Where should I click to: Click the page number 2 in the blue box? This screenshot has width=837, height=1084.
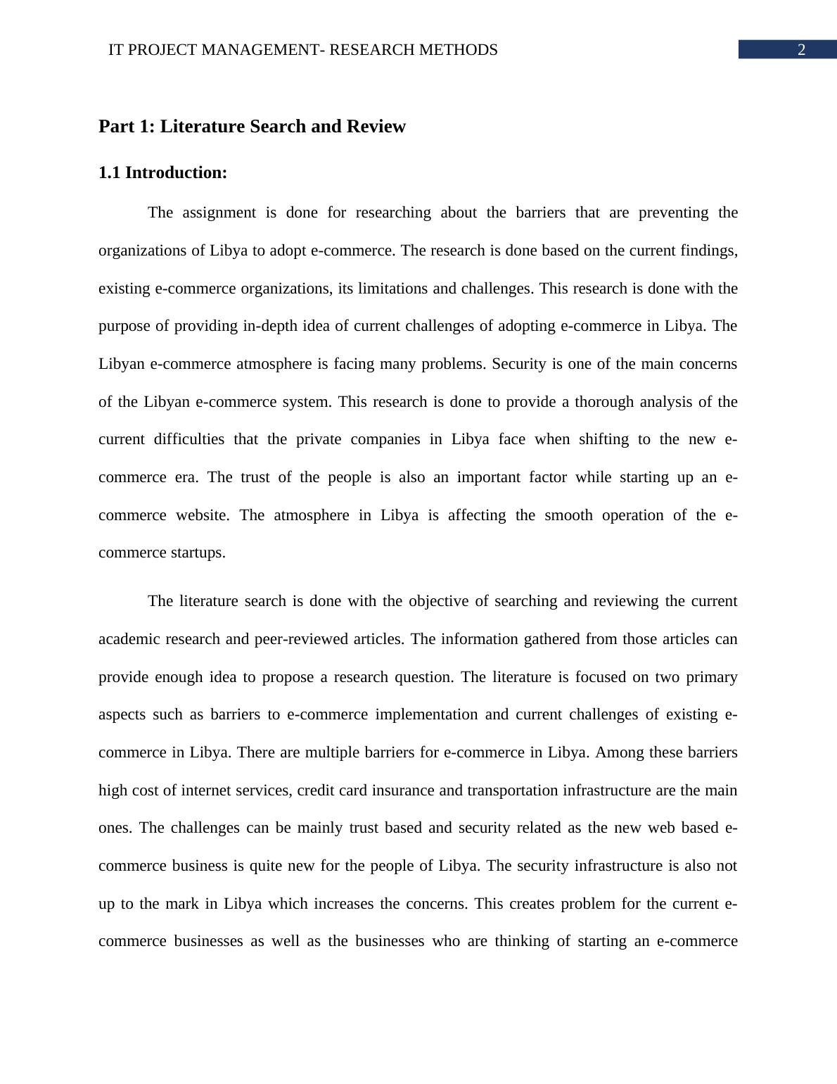800,50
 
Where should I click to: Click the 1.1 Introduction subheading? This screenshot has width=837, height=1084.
162,172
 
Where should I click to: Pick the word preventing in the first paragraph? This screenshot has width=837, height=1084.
674,213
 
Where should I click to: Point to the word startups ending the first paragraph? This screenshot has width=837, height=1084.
198,553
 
